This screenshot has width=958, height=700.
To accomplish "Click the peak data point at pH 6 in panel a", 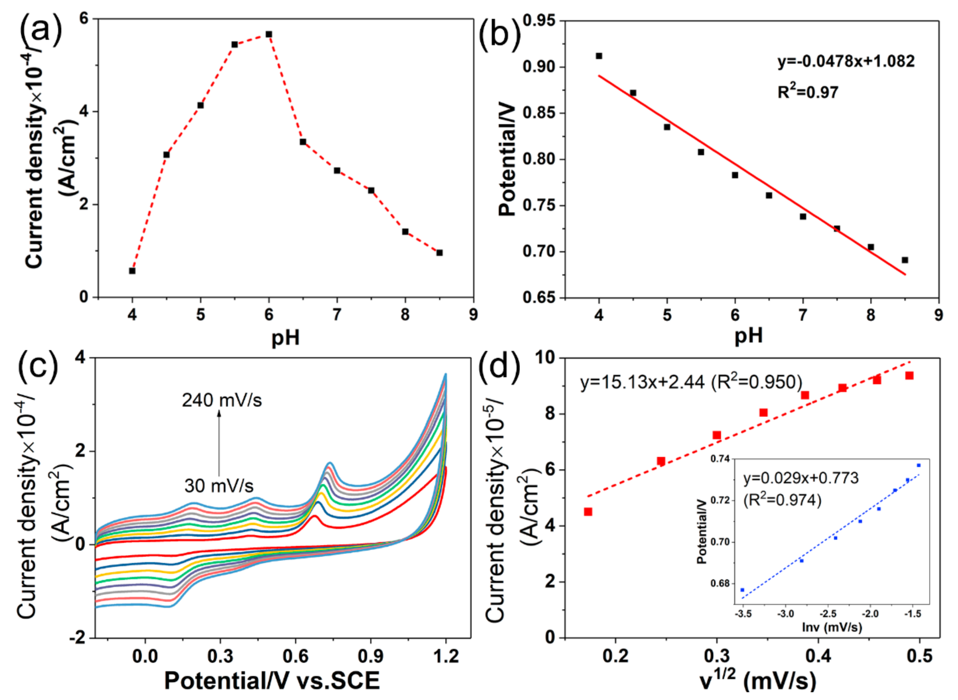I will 269,34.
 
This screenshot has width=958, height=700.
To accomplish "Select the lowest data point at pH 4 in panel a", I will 132,271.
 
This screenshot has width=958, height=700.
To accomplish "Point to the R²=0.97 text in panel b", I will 808,92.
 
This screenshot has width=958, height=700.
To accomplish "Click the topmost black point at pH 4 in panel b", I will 599,56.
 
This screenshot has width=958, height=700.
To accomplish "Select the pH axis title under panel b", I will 748,336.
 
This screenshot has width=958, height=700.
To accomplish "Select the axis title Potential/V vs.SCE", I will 271,681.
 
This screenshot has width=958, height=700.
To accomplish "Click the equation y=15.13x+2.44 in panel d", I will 691,382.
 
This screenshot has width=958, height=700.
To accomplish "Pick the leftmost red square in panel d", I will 588,512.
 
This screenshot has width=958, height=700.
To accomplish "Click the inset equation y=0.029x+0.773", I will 800,478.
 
